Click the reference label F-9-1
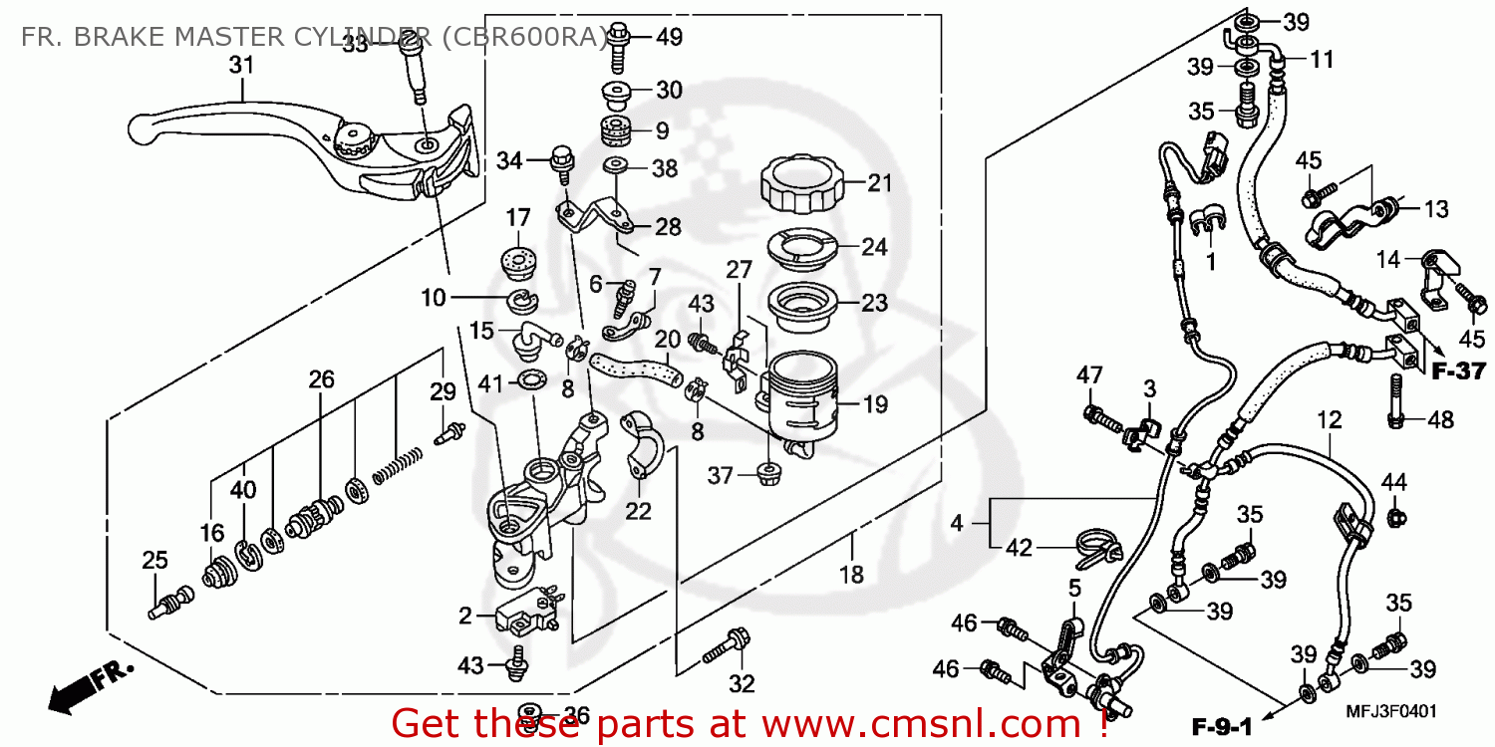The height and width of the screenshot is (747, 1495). (x=1221, y=715)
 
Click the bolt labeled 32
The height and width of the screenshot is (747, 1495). (x=726, y=646)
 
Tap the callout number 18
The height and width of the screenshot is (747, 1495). (x=853, y=575)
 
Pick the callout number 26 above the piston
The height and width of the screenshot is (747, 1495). (x=321, y=379)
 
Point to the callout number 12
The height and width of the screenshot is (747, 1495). (x=1330, y=421)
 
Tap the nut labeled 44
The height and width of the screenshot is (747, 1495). (x=1396, y=517)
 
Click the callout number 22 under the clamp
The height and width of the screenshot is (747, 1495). (x=638, y=511)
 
